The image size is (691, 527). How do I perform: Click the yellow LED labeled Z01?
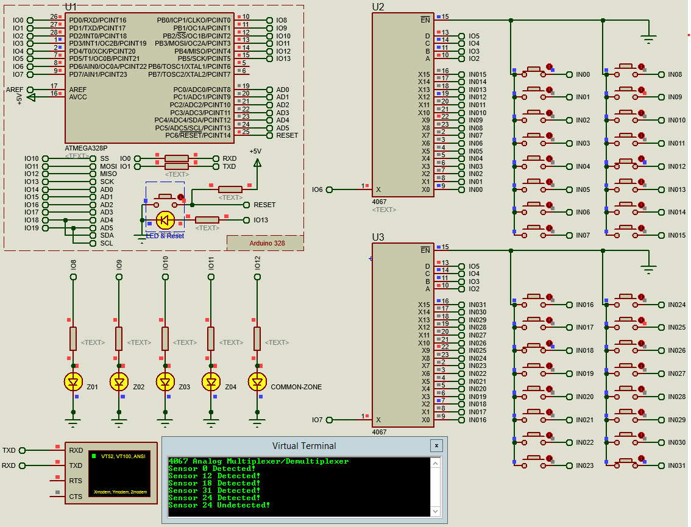[x=73, y=382]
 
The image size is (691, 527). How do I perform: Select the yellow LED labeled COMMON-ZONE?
[x=257, y=382]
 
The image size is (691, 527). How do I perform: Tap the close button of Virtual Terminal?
[x=436, y=445]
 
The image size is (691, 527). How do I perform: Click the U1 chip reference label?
[x=71, y=7]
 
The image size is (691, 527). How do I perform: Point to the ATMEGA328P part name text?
[x=86, y=148]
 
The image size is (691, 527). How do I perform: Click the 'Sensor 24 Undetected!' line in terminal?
[x=219, y=505]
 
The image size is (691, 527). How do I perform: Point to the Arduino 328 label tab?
[x=267, y=242]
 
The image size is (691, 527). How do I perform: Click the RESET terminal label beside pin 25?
[x=287, y=135]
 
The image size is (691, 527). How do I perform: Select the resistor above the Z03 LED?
[x=165, y=338]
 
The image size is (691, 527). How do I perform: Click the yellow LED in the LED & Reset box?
[x=165, y=220]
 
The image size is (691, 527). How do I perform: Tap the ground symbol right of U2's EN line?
[x=648, y=40]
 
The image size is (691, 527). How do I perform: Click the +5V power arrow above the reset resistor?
[x=257, y=162]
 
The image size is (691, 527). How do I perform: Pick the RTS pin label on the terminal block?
[x=76, y=481]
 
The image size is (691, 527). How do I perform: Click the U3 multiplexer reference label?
[x=378, y=237]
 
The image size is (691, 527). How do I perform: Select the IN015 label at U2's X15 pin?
[x=477, y=74]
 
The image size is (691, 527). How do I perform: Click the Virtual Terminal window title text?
[x=304, y=445]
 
